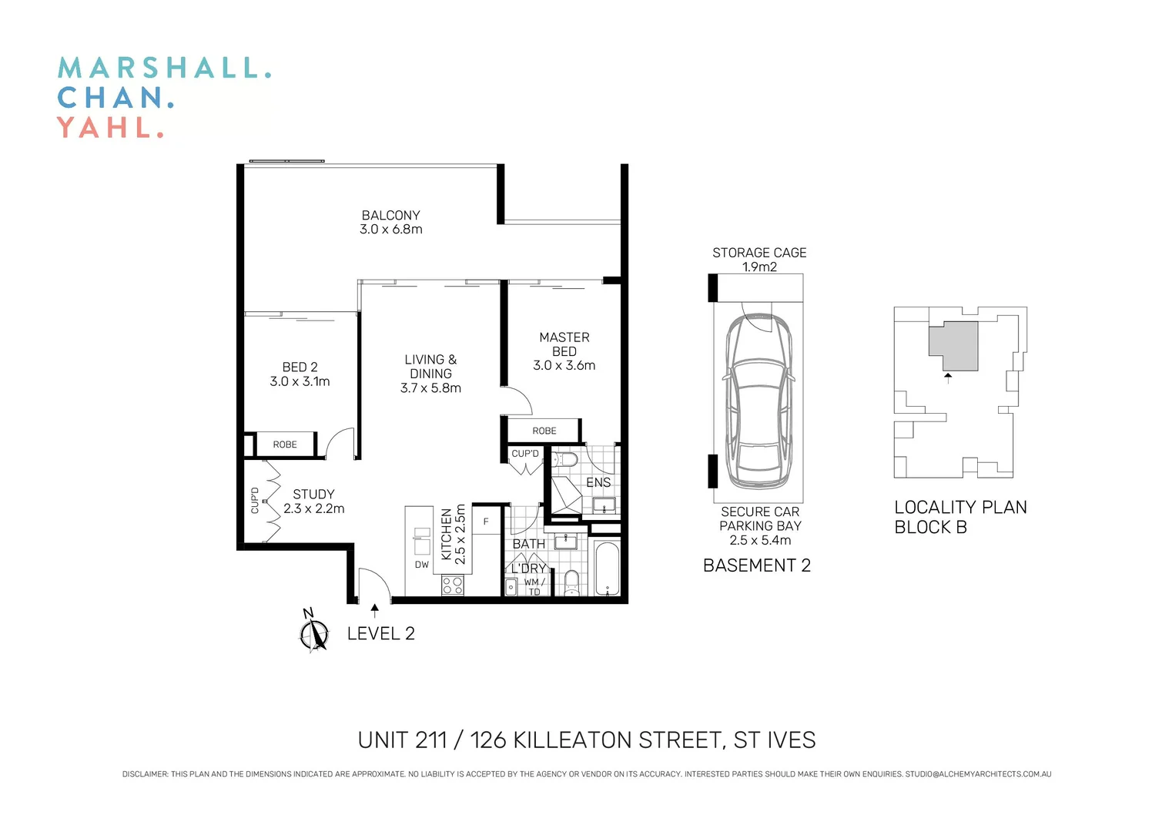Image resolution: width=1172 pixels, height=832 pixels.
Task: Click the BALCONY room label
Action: coord(390,216)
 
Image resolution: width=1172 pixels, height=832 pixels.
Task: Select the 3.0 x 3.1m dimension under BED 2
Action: coord(300,381)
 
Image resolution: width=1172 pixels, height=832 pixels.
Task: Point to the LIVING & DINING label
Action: coord(430,367)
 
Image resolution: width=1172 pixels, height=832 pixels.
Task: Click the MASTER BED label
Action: coord(564,344)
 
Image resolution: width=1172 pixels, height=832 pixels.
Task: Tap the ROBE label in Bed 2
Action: coord(285,445)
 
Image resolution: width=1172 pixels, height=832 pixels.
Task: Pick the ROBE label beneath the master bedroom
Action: coord(544,431)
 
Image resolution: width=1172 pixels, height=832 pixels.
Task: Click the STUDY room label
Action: coord(313,494)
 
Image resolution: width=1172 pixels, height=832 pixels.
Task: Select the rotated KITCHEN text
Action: coord(447,534)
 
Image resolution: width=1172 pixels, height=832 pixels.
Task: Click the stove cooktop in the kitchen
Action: coord(453,585)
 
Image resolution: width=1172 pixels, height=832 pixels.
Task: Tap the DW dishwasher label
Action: coord(422,565)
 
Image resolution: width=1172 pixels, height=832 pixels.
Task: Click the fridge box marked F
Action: coord(486,522)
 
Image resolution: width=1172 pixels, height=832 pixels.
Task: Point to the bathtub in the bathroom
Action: coord(607,569)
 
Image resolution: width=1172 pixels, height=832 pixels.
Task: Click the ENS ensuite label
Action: coord(598,482)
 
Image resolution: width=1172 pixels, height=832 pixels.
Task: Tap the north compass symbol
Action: coord(313,633)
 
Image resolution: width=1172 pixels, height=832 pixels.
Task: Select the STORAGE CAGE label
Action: coord(759,253)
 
